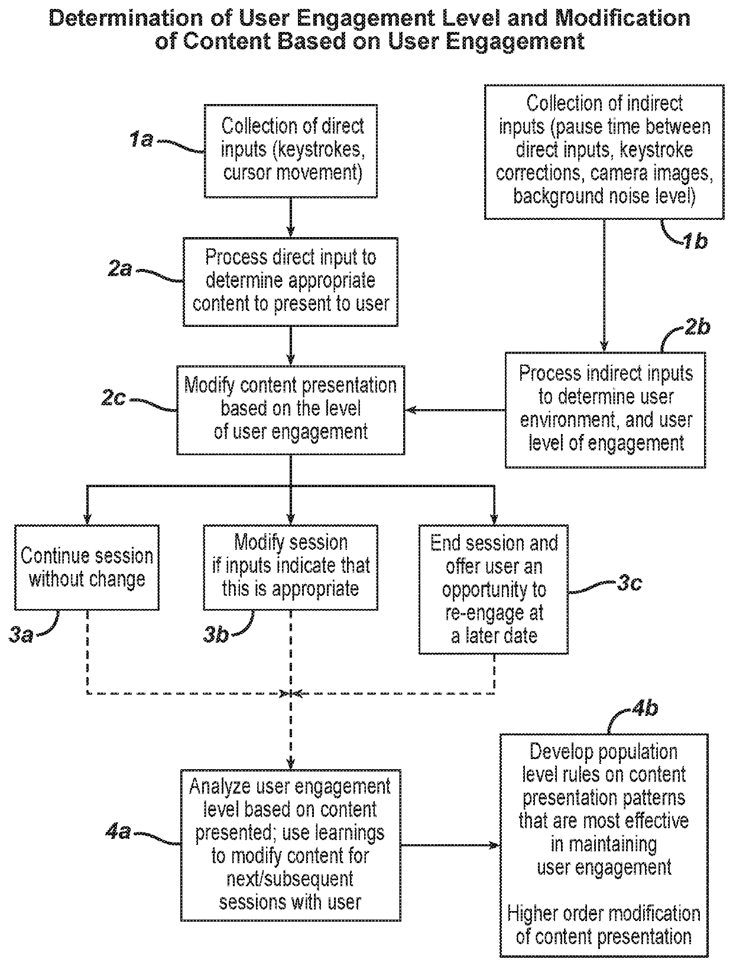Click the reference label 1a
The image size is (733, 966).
click(141, 140)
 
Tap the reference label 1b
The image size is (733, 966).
click(695, 241)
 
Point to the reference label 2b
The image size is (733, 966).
click(697, 327)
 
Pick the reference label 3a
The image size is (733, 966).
click(21, 636)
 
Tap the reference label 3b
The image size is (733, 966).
click(216, 636)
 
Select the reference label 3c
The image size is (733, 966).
click(630, 584)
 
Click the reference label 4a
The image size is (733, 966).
click(118, 832)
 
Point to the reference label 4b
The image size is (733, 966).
click(644, 709)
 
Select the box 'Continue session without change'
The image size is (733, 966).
click(87, 567)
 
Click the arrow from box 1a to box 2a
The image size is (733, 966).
click(290, 218)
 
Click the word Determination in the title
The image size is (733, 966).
click(127, 18)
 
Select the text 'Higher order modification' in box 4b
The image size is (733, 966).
click(604, 914)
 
